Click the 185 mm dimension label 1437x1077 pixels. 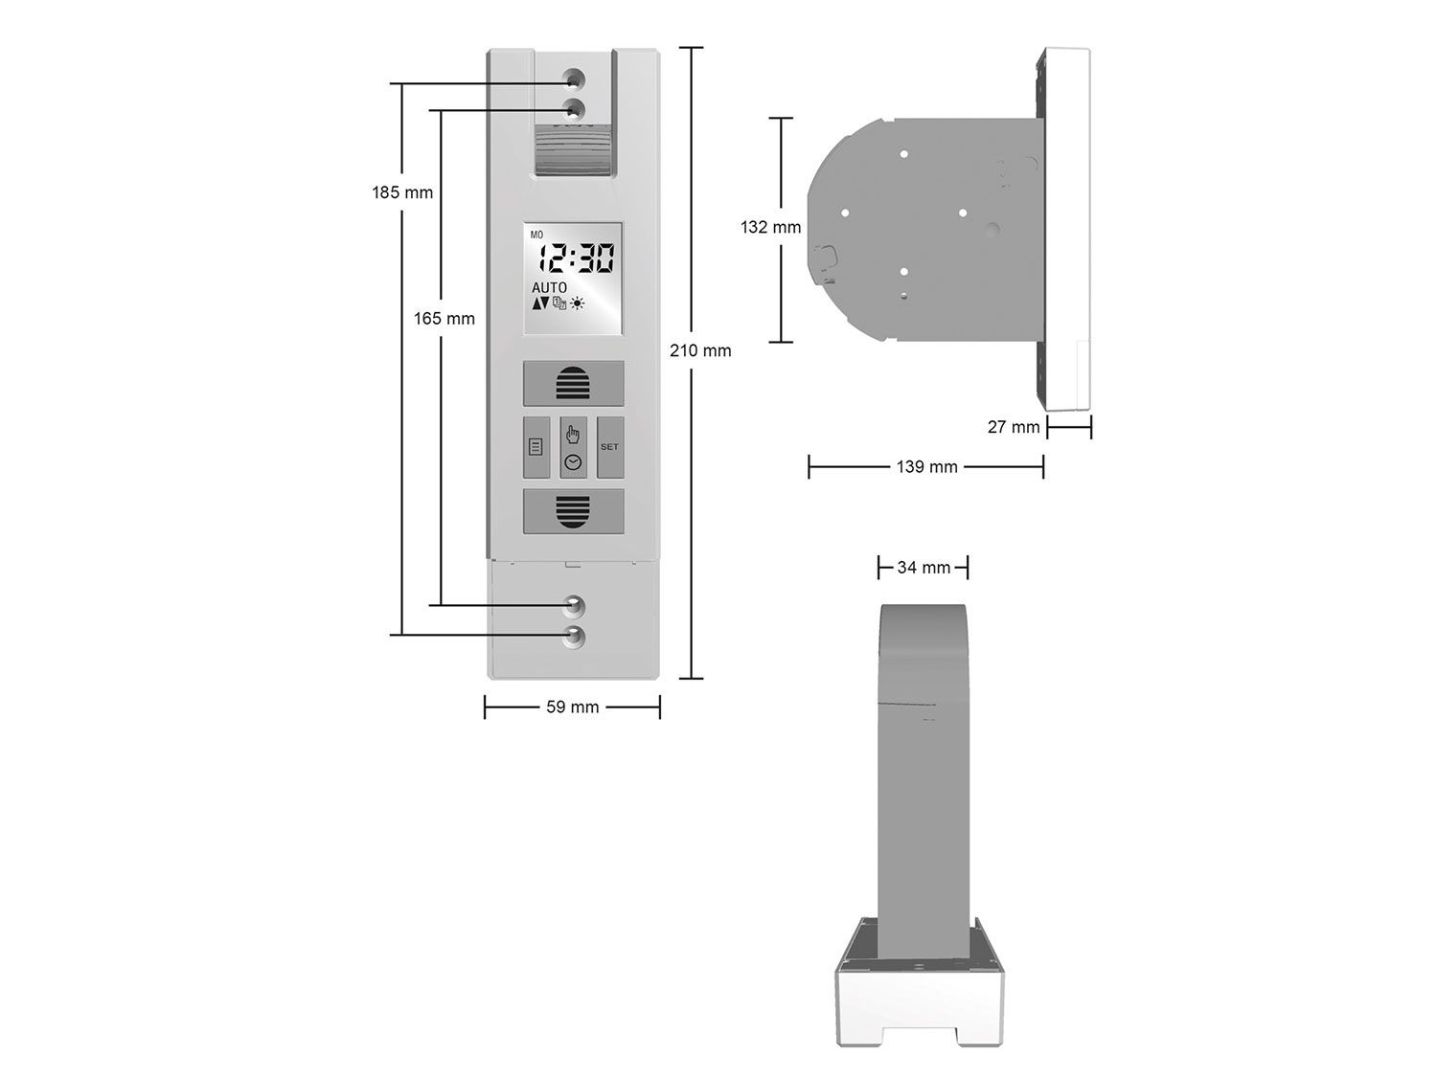coord(402,193)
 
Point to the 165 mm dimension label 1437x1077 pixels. coord(444,319)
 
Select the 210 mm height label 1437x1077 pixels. coord(700,351)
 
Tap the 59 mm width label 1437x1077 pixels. coord(572,707)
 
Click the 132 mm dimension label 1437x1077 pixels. coord(770,228)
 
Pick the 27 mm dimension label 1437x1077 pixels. coord(1014,428)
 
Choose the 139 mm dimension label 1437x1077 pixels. coord(927,467)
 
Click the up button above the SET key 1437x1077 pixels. coord(574,383)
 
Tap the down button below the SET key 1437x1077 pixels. coord(574,511)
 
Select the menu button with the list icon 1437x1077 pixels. coord(536,447)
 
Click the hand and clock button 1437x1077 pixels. coord(574,447)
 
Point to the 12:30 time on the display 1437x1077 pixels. coord(576,258)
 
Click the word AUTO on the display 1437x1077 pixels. coord(549,288)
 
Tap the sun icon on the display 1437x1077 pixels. coord(577,303)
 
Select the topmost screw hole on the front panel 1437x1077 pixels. coord(574,79)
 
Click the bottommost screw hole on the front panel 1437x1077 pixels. coord(574,638)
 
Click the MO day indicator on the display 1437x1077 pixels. coord(536,235)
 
